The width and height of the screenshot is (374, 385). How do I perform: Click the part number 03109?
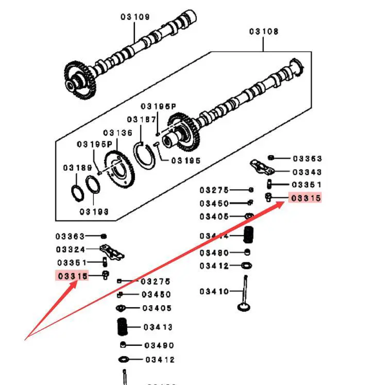135,17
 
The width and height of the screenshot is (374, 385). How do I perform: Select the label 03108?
264,31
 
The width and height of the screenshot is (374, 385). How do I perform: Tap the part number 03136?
117,133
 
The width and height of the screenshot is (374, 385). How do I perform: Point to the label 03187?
142,120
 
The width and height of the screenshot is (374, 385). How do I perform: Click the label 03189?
78,168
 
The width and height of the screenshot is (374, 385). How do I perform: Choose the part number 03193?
94,211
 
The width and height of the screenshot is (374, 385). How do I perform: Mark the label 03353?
307,159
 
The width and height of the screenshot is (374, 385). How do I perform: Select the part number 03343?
307,172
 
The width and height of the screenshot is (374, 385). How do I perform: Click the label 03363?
70,236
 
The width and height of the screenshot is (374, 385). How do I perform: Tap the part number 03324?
70,249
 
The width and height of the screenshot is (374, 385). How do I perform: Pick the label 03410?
214,292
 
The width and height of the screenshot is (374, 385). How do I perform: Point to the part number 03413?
158,327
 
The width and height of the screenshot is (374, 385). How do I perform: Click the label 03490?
160,346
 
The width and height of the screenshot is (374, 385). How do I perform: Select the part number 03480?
214,253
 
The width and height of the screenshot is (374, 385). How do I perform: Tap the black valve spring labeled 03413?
123,327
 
